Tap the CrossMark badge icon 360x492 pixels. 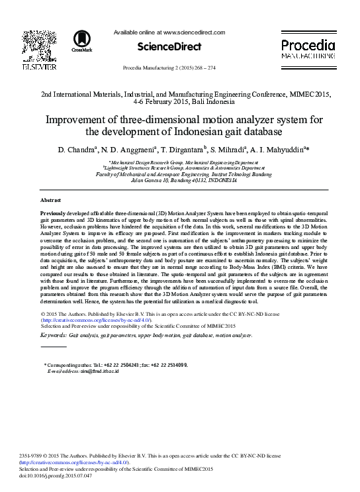(82, 40)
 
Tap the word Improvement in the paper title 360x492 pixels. (65, 120)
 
